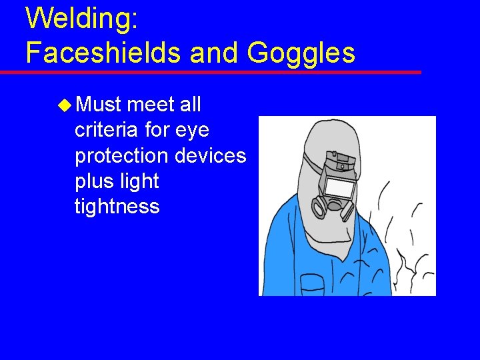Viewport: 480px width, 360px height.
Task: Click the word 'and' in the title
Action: [x=213, y=52]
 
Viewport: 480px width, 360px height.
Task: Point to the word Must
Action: [x=98, y=105]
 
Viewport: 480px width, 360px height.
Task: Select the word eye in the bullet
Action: [x=193, y=131]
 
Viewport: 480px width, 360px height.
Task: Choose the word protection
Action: [x=121, y=155]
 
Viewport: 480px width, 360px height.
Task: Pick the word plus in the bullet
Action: [x=93, y=181]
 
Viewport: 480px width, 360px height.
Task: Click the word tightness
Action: [x=117, y=207]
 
